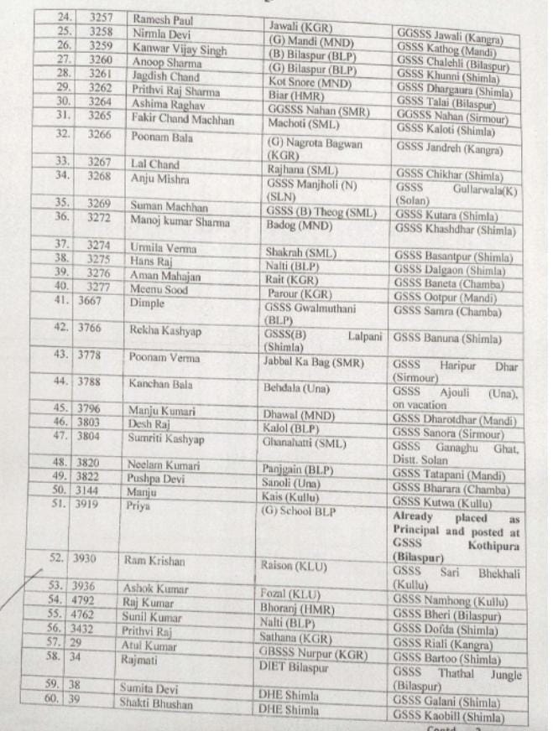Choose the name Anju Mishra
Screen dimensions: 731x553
(159, 178)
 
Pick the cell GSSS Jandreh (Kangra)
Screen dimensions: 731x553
(449, 151)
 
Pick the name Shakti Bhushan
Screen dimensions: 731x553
(159, 703)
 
